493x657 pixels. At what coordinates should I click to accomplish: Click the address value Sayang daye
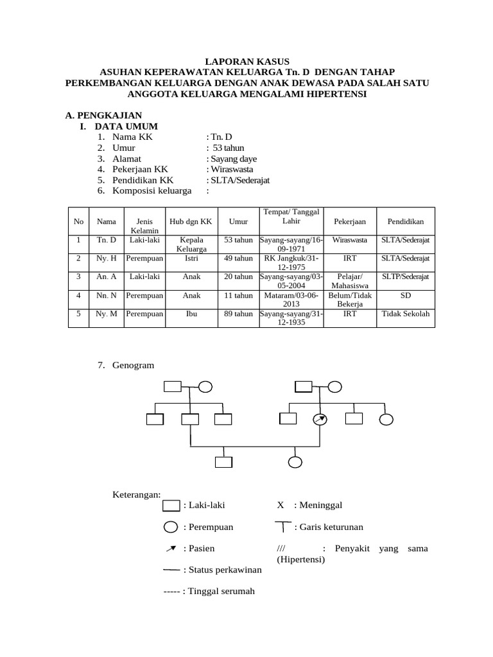pyautogui.click(x=231, y=159)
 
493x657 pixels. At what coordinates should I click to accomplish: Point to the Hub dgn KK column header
pyautogui.click(x=191, y=221)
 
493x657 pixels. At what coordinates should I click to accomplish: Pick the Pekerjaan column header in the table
pyautogui.click(x=350, y=221)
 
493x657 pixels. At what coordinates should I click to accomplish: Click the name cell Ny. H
pyautogui.click(x=106, y=259)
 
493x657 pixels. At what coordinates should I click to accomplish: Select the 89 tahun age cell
pyautogui.click(x=238, y=314)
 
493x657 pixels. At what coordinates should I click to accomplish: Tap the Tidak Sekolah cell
pyautogui.click(x=406, y=314)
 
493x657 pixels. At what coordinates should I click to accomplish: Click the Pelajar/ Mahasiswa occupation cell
pyautogui.click(x=350, y=281)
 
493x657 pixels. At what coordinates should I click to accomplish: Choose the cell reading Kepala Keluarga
pyautogui.click(x=191, y=244)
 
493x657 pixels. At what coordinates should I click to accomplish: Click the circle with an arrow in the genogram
pyautogui.click(x=319, y=419)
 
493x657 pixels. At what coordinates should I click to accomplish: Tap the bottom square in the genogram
pyautogui.click(x=223, y=463)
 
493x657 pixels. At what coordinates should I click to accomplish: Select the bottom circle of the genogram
pyautogui.click(x=295, y=463)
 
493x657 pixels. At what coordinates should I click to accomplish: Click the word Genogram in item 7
pyautogui.click(x=134, y=365)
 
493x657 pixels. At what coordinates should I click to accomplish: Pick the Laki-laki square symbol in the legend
pyautogui.click(x=171, y=505)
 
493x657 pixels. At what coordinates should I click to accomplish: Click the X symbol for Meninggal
pyautogui.click(x=281, y=505)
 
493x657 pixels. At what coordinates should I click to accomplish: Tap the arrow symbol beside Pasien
pyautogui.click(x=171, y=549)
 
